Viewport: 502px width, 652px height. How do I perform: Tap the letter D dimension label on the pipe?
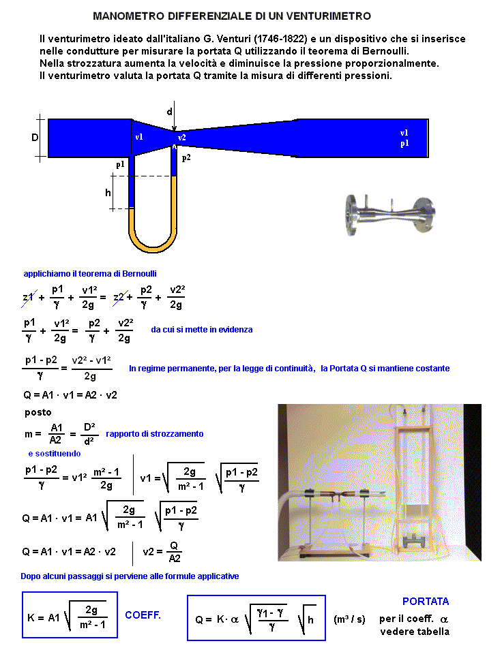click(35, 138)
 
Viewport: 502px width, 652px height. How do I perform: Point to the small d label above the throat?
click(170, 111)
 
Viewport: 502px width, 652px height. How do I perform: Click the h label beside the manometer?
click(108, 193)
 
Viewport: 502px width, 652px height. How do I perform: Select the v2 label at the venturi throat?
click(182, 138)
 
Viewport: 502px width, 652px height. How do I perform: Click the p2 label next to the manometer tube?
click(186, 157)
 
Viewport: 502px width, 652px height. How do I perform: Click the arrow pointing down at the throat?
click(175, 126)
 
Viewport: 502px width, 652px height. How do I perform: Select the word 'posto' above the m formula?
click(38, 412)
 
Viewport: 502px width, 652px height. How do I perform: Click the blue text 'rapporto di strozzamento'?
click(154, 433)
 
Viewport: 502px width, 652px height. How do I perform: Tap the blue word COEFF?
click(143, 615)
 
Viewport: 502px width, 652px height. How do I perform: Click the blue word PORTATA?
click(426, 602)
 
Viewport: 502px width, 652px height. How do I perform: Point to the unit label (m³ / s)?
click(349, 619)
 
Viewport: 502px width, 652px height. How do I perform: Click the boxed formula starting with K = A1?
click(70, 615)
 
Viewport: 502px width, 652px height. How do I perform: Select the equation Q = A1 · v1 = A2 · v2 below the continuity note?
click(70, 394)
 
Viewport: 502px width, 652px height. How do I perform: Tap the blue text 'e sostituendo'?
click(54, 453)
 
